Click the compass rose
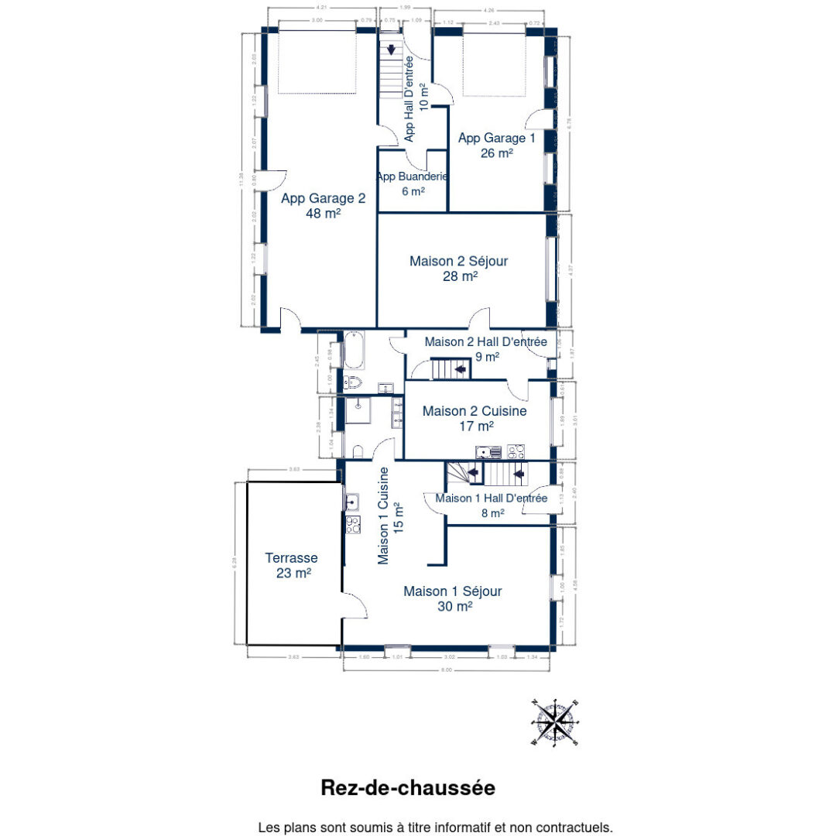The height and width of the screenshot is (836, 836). [556, 722]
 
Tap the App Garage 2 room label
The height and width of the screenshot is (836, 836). [323, 198]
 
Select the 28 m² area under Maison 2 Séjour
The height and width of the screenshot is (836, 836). [459, 276]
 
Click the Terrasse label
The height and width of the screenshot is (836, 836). [291, 557]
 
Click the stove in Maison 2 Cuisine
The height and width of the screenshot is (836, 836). [516, 452]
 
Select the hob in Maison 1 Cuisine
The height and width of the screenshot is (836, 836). [352, 525]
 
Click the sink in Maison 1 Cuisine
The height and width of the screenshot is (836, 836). [351, 502]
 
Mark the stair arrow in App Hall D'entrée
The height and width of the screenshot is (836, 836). [392, 50]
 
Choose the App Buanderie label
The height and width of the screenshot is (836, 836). [413, 176]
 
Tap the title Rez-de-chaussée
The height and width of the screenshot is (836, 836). [408, 788]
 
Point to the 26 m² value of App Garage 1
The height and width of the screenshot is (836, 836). [496, 152]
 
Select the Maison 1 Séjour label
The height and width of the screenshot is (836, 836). [452, 591]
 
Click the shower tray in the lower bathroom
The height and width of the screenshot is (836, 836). [358, 412]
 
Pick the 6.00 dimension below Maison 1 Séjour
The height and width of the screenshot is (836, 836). [447, 670]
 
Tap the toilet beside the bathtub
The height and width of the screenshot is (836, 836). [352, 382]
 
